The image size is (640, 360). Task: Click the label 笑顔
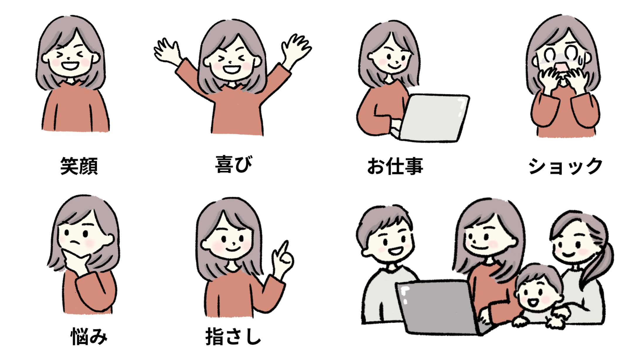pyautogui.click(x=79, y=166)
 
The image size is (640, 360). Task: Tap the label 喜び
pyautogui.click(x=234, y=164)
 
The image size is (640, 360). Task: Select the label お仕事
pyautogui.click(x=395, y=166)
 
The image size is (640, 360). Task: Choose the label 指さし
pyautogui.click(x=233, y=336)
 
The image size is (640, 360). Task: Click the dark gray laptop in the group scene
pyautogui.click(x=440, y=306)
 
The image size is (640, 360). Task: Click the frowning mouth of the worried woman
pyautogui.click(x=76, y=243)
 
